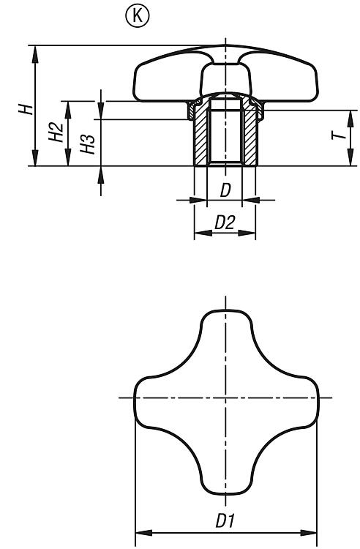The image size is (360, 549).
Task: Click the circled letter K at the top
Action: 137,16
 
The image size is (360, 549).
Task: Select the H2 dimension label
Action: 56,132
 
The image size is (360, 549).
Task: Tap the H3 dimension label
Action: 87,144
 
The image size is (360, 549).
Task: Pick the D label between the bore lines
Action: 225,190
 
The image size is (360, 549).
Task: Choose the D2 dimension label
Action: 225,223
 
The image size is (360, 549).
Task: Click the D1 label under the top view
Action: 225,520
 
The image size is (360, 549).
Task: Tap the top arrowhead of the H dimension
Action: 35,54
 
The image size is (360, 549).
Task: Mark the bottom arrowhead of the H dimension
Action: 35,157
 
